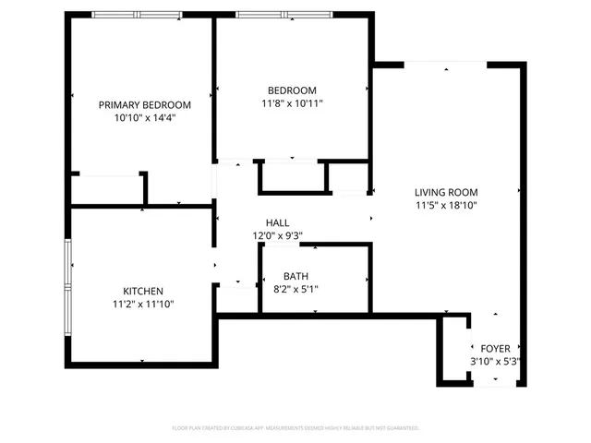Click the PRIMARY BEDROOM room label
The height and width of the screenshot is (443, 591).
coord(145,105)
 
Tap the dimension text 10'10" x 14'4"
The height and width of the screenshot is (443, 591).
coord(145,118)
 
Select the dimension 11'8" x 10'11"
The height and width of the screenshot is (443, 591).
coord(292,103)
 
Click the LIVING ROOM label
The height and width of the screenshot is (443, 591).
coord(445,192)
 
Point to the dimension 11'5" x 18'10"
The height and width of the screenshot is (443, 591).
coord(445,205)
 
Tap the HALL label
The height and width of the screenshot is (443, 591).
coord(277,223)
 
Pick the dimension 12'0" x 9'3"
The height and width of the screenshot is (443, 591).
coord(277,236)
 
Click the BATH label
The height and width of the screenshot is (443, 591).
coord(295,276)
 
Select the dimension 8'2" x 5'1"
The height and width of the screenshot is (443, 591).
coord(295,289)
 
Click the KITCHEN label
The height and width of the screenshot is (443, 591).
coord(143,291)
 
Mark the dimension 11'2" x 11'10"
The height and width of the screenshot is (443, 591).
coord(143,304)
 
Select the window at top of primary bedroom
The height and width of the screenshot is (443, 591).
coord(136,16)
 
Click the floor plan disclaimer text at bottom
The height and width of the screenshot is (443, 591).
coord(295,428)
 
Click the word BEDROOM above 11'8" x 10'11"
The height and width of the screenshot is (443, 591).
coord(292,90)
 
